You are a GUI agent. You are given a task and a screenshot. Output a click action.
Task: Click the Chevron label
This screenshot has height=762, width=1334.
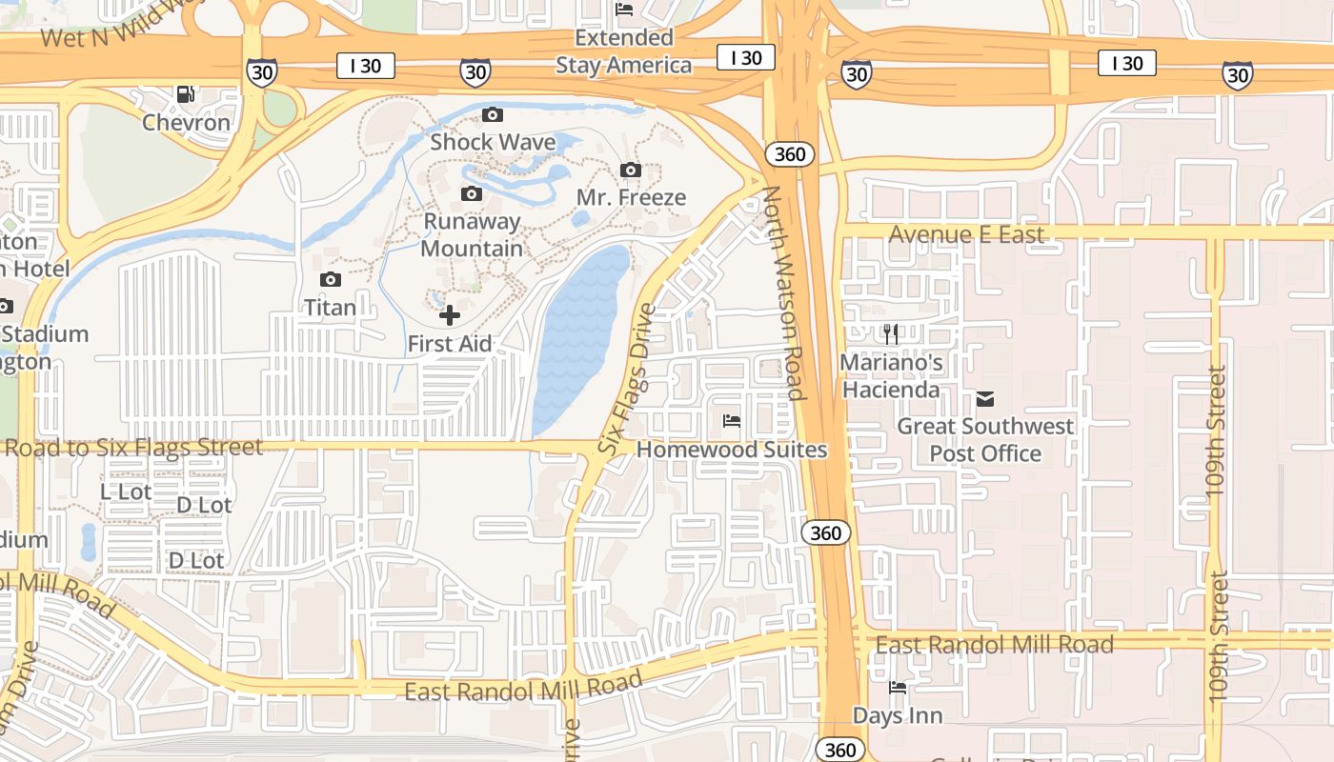187,122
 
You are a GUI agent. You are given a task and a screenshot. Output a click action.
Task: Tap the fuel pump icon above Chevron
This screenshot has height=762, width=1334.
186,93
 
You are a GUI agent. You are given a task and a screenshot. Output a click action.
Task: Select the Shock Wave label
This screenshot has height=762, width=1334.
493,142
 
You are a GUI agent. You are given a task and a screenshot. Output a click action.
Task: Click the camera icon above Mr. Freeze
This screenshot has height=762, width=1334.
630,170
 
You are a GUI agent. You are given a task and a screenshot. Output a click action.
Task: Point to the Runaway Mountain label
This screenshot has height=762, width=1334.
472,234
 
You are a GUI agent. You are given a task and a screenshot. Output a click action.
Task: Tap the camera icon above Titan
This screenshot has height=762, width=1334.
331,279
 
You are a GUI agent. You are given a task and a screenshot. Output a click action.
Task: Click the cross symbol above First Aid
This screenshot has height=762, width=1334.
450,315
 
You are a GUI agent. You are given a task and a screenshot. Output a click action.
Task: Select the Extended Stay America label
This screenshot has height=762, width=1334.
623,51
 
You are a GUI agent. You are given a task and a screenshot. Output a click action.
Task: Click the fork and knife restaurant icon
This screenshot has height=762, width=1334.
891,334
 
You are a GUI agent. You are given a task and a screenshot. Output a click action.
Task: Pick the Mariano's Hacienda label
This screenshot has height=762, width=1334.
891,375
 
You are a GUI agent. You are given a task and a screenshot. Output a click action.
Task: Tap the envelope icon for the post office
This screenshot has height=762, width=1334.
985,398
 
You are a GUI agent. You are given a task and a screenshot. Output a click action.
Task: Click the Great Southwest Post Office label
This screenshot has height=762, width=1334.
985,439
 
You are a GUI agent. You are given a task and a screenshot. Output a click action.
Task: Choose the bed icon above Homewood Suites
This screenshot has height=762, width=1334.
732,420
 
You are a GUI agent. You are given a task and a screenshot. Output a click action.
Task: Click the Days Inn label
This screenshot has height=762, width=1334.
898,715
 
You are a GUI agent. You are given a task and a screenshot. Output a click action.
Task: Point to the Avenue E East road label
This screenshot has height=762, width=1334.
966,234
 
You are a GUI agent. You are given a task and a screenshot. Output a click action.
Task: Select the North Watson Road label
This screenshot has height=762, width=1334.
783,292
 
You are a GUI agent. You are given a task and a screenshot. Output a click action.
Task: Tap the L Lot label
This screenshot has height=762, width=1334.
126,491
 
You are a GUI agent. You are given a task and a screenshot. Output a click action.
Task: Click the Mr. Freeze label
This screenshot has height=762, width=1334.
631,198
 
